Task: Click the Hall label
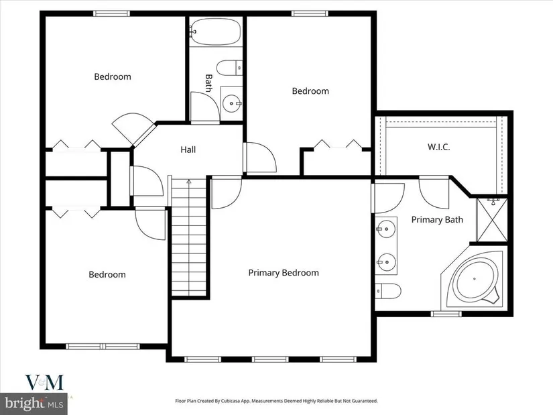(188, 150)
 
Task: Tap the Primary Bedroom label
(284, 273)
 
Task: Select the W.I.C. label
(439, 147)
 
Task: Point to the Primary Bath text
(437, 219)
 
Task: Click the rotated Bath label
(208, 83)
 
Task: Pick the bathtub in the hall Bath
(215, 32)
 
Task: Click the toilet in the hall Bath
(229, 68)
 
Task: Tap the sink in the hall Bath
(232, 103)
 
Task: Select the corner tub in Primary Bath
(475, 279)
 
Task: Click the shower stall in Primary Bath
(491, 221)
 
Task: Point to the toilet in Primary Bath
(388, 291)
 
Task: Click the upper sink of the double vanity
(385, 229)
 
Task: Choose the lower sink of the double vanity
(385, 262)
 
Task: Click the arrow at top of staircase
(188, 182)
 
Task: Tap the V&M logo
(44, 383)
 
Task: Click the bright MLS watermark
(34, 403)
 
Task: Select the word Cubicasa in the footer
(231, 401)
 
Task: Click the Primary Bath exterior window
(446, 314)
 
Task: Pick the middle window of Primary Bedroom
(271, 359)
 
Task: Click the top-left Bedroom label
(113, 76)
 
